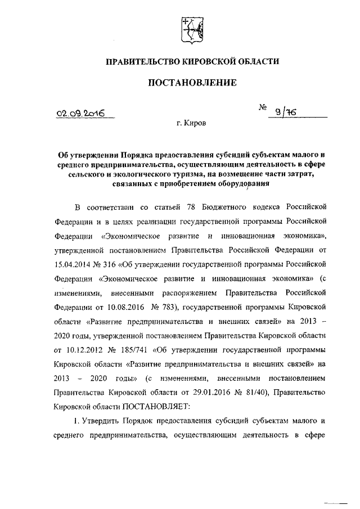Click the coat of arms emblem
(x=188, y=29)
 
